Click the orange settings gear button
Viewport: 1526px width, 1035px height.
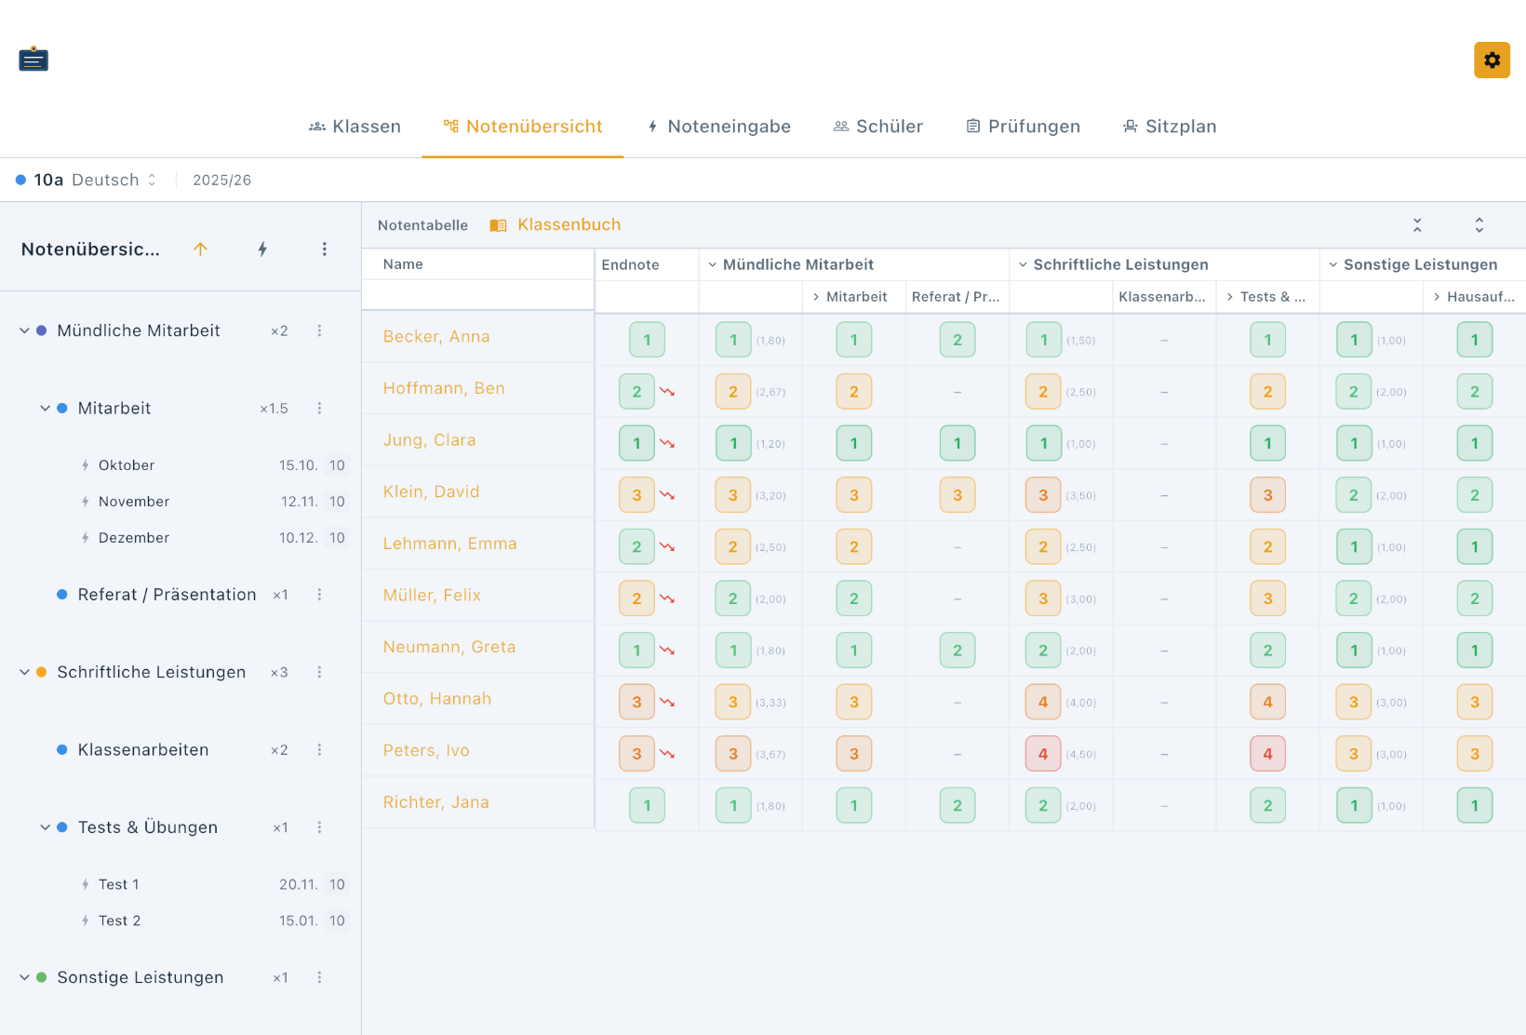(x=1492, y=60)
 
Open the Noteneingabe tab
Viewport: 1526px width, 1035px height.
(x=718, y=126)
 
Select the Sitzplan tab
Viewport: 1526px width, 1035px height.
(x=1170, y=126)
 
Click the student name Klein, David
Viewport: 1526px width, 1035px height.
(x=431, y=491)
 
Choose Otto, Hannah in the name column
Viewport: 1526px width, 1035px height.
(x=436, y=698)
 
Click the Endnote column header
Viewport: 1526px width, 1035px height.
(x=630, y=264)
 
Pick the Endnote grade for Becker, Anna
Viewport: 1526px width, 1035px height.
(x=647, y=340)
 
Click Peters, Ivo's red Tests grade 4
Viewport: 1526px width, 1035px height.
(x=1267, y=754)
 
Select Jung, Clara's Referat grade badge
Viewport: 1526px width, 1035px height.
(x=957, y=443)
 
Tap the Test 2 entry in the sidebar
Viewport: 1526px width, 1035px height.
(x=119, y=921)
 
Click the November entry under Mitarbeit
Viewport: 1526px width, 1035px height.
(x=134, y=502)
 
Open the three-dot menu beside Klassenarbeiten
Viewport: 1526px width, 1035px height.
(x=319, y=749)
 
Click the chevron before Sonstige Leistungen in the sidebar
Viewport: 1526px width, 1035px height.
(x=24, y=977)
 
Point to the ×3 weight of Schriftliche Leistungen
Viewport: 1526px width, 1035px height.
(x=279, y=672)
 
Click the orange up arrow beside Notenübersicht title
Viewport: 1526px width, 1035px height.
(x=200, y=249)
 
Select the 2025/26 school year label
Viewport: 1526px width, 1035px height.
(x=222, y=180)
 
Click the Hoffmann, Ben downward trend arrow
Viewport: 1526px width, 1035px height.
(x=667, y=391)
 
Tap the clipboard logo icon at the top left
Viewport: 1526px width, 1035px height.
(x=33, y=60)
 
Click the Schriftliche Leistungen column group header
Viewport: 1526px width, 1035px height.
(x=1120, y=264)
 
